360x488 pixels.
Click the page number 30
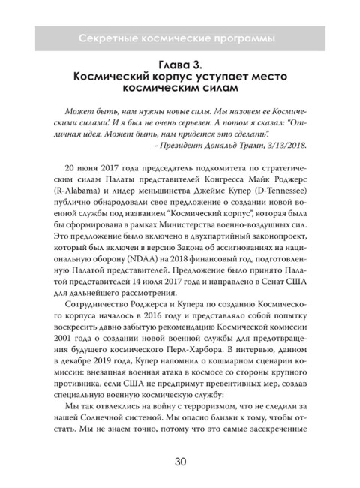point(180,441)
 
